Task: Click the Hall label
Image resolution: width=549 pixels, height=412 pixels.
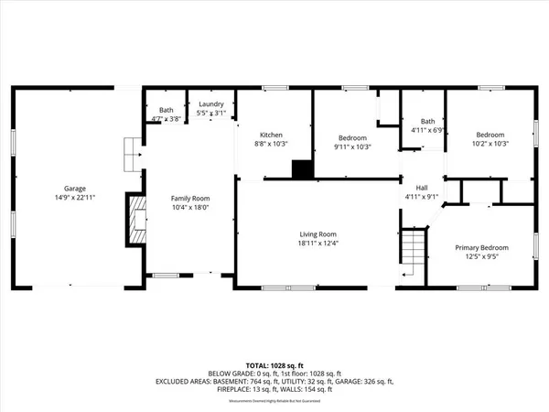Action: tap(422, 187)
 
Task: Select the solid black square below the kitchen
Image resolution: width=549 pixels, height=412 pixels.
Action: tap(300, 168)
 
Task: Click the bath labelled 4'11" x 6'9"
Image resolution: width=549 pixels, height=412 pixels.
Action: tap(427, 125)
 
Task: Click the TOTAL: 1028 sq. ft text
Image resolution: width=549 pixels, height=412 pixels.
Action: tap(274, 363)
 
